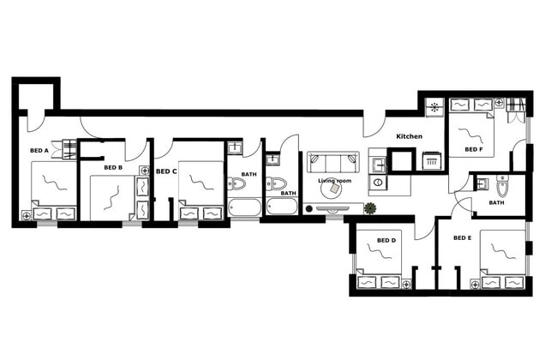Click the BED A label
[x=39, y=151]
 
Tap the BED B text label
[x=113, y=168]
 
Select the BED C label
[x=166, y=171]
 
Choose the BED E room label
[x=462, y=237]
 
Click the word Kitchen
[x=409, y=137]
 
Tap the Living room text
[x=334, y=182]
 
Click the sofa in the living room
[x=333, y=163]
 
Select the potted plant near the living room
[x=369, y=208]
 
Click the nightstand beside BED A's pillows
[x=27, y=214]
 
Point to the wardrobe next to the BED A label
[x=63, y=153]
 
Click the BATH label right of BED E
[x=496, y=203]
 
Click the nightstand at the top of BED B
[x=144, y=171]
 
